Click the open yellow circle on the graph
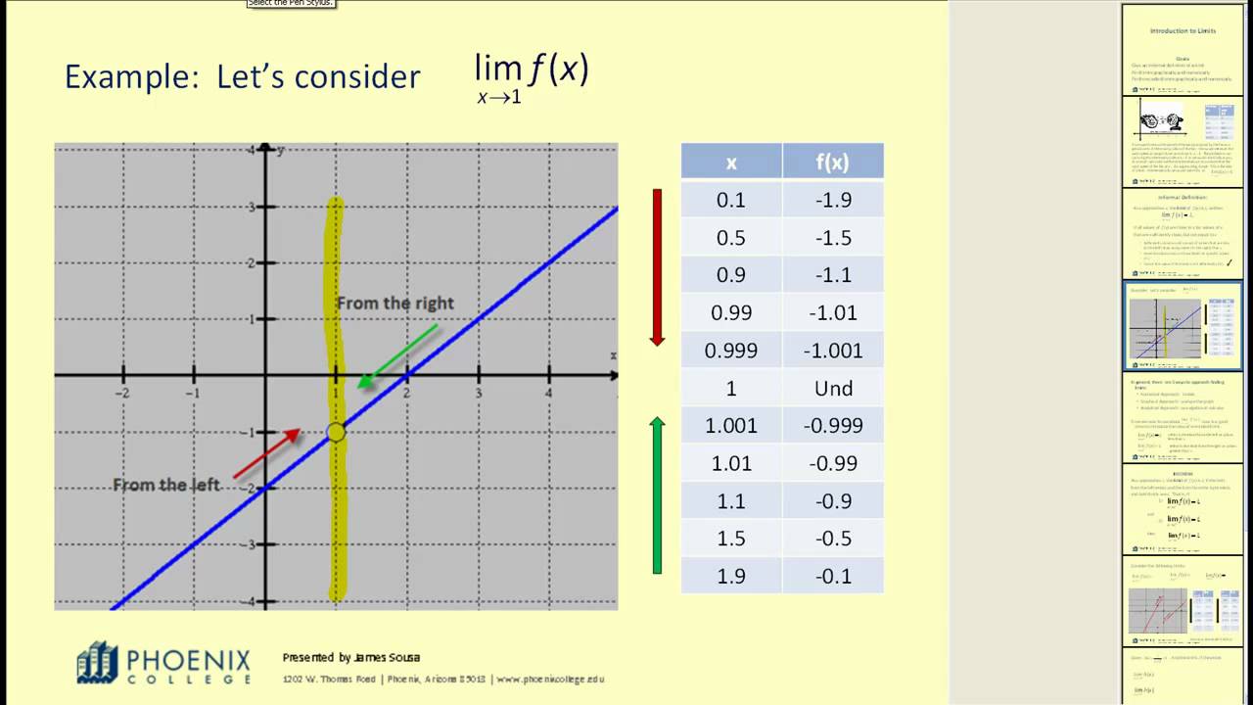tap(336, 432)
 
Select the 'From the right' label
tap(395, 304)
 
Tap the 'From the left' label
tap(166, 485)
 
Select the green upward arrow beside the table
tap(657, 494)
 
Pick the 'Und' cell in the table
tap(833, 389)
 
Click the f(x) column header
tap(833, 163)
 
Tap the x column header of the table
tap(731, 163)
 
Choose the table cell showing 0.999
tap(731, 351)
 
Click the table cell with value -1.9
tap(833, 200)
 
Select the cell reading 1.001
tap(731, 426)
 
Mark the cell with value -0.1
tap(833, 576)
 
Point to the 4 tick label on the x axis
tap(548, 393)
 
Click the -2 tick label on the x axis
tap(122, 393)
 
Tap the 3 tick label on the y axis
tap(252, 208)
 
